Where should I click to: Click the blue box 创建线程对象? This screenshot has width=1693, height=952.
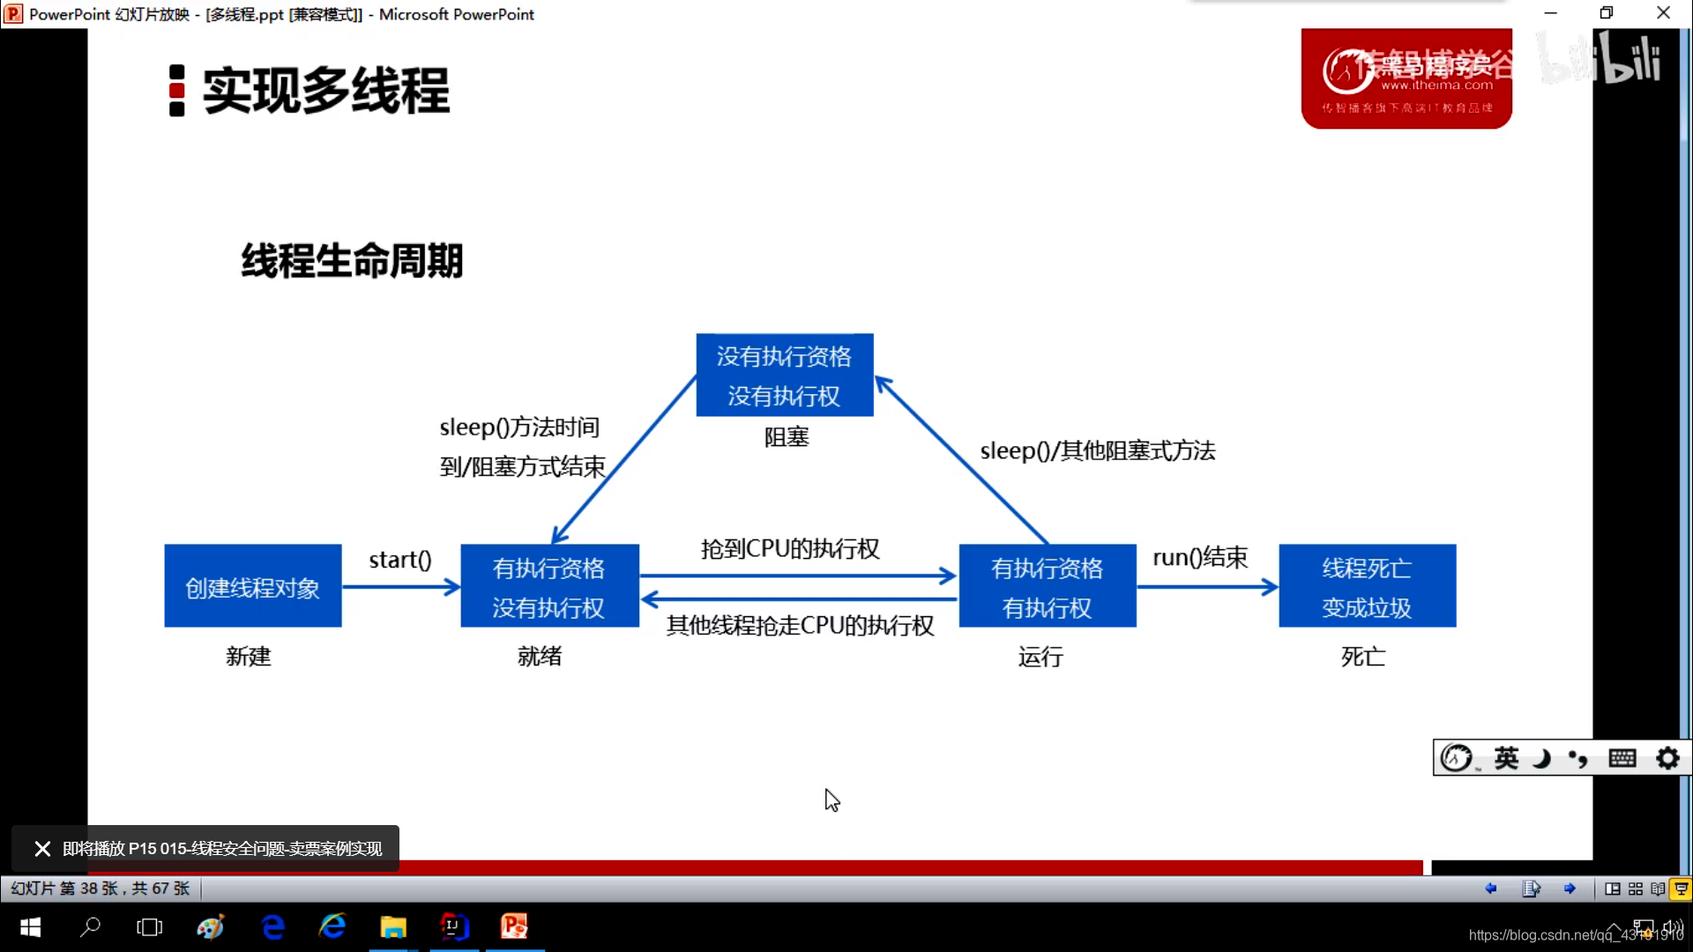tap(253, 586)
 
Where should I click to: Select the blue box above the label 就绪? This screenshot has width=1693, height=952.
tap(549, 586)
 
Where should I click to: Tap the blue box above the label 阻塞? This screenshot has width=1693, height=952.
tap(784, 375)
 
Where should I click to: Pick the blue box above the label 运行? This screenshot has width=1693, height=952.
tap(1047, 586)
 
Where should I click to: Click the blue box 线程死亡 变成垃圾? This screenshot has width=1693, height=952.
tap(1367, 586)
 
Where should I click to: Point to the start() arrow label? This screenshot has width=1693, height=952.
tap(400, 560)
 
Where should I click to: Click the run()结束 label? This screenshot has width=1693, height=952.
tap(1200, 557)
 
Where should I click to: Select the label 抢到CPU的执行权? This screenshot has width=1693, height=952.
tap(790, 548)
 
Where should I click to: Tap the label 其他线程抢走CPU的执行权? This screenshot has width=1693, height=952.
tap(800, 625)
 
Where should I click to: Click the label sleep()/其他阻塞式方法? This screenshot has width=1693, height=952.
tap(1097, 450)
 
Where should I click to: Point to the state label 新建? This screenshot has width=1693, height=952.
tap(248, 656)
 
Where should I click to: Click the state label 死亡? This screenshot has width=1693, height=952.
tap(1363, 656)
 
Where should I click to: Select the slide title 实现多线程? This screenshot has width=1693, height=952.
tap(325, 90)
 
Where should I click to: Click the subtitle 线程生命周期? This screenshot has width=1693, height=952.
tap(352, 261)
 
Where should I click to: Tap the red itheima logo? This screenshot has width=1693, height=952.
tap(1406, 79)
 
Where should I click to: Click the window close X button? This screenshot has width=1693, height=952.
tap(1663, 13)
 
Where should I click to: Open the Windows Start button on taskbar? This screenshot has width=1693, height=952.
tap(30, 927)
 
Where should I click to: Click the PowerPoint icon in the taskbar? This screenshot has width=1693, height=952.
tap(514, 927)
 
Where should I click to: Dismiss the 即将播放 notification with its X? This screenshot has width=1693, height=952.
tap(42, 849)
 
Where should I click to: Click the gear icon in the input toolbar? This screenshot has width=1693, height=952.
tap(1667, 758)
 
